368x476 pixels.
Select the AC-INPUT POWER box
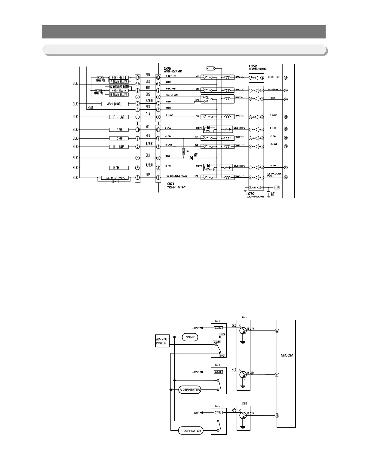tap(162, 341)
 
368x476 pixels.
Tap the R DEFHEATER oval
tap(190, 390)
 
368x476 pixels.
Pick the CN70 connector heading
tap(167, 69)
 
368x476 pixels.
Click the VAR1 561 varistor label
tap(196, 155)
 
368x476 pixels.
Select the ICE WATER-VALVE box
tap(113, 178)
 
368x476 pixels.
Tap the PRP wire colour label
tap(148, 173)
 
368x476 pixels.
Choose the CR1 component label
tap(187, 152)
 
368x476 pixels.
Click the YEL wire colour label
tap(148, 127)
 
